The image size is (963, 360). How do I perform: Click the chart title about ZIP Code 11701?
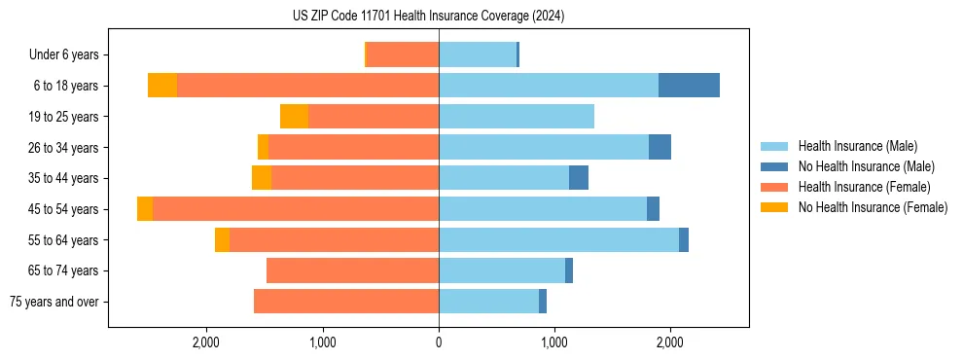tap(428, 17)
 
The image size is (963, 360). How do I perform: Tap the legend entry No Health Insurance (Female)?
tap(873, 207)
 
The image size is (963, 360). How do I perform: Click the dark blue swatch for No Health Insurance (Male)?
tap(774, 166)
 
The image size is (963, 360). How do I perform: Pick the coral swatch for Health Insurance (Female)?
tap(774, 187)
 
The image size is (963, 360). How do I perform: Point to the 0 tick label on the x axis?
tap(439, 342)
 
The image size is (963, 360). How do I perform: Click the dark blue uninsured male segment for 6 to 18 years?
tap(689, 86)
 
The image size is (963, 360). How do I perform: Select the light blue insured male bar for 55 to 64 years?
tap(558, 239)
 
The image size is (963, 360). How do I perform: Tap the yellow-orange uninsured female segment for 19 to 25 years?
tap(294, 117)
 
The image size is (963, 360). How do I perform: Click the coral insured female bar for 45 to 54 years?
tap(296, 209)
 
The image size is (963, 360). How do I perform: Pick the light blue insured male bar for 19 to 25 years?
tap(517, 117)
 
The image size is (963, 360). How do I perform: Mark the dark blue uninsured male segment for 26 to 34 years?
tap(660, 147)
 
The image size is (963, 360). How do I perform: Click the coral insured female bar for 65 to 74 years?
tap(352, 270)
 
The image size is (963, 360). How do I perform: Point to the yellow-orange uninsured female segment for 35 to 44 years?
tap(262, 178)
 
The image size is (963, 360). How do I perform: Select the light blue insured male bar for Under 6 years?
tap(478, 54)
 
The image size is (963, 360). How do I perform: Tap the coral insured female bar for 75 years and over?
tap(346, 302)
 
